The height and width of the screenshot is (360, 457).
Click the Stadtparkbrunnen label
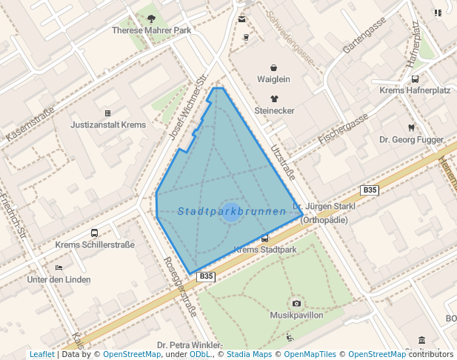(x=232, y=212)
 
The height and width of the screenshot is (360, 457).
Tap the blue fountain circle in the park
(x=231, y=213)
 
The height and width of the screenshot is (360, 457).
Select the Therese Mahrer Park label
(x=152, y=30)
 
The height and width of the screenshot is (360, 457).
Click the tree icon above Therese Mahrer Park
(x=152, y=19)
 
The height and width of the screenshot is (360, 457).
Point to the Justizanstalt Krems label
(x=108, y=125)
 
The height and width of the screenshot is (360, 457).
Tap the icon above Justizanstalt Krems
(x=108, y=113)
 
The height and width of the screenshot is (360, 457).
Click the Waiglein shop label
(x=273, y=79)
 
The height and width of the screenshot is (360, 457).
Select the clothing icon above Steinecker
(x=274, y=99)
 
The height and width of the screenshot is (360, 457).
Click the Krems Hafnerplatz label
(x=415, y=90)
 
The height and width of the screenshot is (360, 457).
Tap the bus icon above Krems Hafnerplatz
(x=415, y=79)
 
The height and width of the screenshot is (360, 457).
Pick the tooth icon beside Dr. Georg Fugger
(x=410, y=127)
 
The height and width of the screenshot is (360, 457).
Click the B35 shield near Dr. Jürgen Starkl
(x=370, y=190)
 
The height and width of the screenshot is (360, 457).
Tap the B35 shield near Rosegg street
(x=206, y=276)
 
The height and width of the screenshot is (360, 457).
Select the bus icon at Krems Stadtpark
(x=265, y=239)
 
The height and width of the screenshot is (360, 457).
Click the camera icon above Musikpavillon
(x=296, y=304)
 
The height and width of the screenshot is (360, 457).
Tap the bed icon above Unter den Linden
(x=59, y=267)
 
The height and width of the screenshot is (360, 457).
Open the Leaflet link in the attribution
(x=42, y=354)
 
